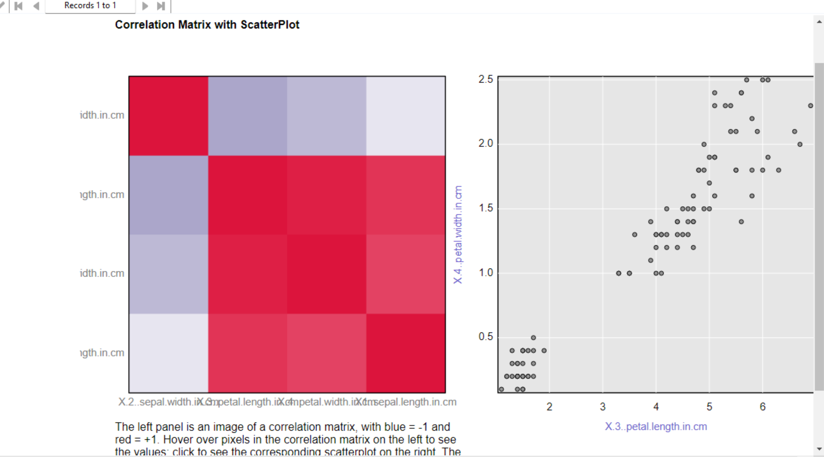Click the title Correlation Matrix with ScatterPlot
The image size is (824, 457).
207,25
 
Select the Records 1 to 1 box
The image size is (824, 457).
90,6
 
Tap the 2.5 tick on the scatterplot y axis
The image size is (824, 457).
486,79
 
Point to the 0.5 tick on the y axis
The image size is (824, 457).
486,337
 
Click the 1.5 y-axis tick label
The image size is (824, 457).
486,208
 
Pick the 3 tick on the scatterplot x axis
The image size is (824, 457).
602,407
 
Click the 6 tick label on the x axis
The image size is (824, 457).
763,407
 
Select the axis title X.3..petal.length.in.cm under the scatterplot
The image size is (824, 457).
656,427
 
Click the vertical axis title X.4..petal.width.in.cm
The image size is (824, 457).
458,234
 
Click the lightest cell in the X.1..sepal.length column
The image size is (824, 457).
406,116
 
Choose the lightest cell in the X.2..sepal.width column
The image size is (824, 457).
169,353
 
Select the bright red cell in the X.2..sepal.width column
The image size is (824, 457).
169,116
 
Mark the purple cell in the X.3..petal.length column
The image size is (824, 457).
247,116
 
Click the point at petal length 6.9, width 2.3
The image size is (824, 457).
810,106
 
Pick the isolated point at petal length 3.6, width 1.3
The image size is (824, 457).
635,234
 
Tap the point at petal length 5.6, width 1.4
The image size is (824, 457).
741,222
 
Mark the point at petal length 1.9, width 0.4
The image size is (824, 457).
544,351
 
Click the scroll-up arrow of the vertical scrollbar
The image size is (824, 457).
819,22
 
